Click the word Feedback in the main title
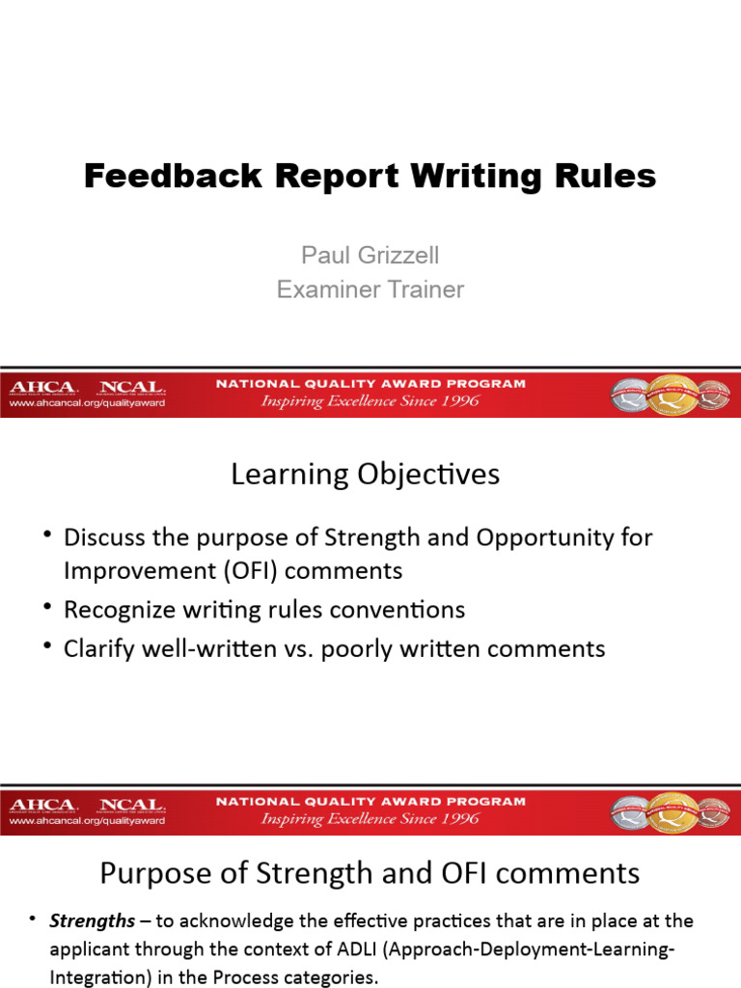(x=154, y=177)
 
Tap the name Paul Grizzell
(x=370, y=255)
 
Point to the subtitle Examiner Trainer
(x=370, y=289)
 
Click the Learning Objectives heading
(x=365, y=475)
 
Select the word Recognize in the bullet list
(x=120, y=610)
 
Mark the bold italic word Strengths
(x=89, y=921)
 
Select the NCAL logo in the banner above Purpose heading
(x=132, y=805)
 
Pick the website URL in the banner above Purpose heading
(x=87, y=821)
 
